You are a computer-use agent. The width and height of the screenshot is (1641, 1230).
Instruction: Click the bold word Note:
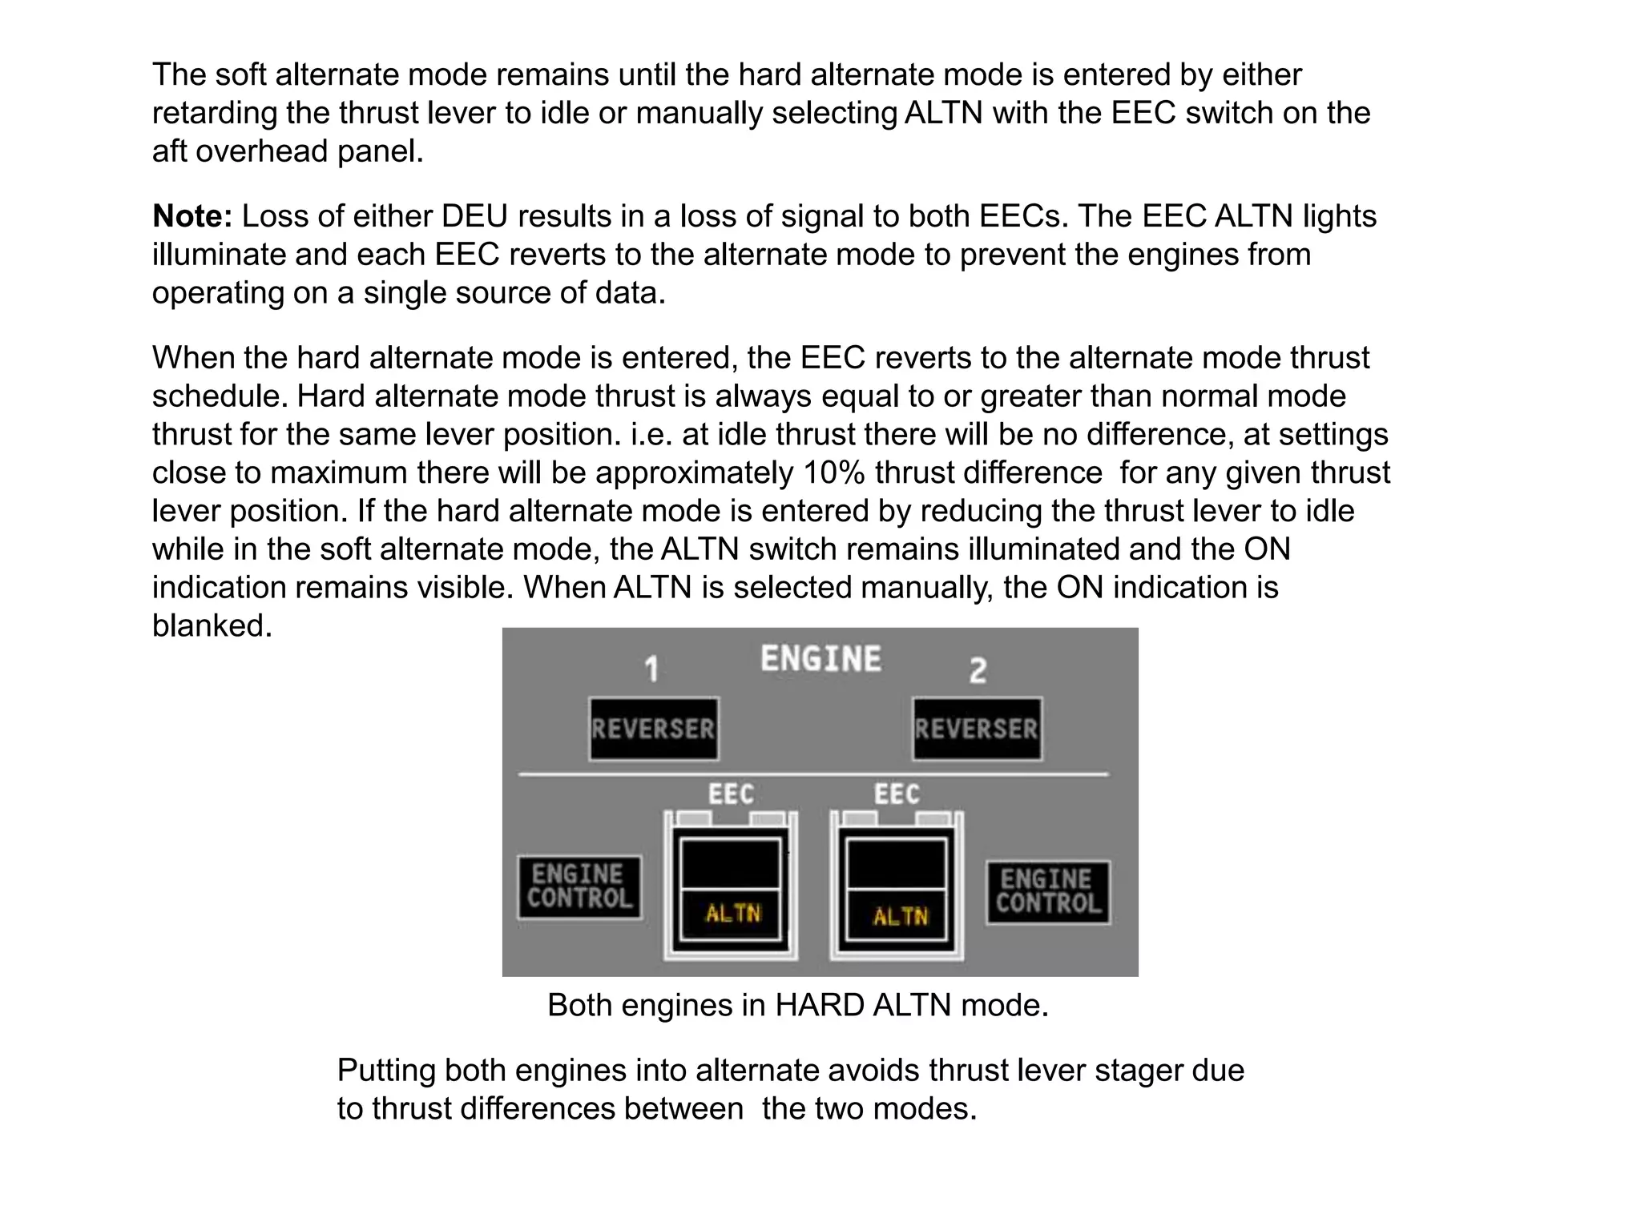pos(192,216)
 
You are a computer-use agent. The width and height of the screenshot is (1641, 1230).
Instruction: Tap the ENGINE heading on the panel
pos(820,659)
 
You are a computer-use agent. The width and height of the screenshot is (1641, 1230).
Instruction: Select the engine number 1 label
pos(652,669)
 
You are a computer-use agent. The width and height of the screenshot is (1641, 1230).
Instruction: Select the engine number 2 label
pos(978,670)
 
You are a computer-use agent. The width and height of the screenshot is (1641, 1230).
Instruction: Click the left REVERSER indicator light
pos(653,729)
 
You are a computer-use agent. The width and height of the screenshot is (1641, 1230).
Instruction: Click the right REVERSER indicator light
pos(977,729)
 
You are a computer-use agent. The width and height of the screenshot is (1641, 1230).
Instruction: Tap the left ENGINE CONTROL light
pos(579,886)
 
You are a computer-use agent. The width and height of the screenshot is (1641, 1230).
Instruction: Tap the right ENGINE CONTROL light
pos(1048,892)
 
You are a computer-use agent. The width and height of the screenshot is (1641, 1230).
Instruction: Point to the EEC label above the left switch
pos(730,794)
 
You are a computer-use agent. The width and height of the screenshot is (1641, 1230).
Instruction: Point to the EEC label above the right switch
pos(897,794)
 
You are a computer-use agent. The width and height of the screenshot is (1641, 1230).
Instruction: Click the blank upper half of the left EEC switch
pos(730,863)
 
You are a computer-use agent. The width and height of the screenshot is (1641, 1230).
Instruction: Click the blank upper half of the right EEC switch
pos(897,863)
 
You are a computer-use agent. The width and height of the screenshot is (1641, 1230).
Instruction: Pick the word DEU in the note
pos(472,216)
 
